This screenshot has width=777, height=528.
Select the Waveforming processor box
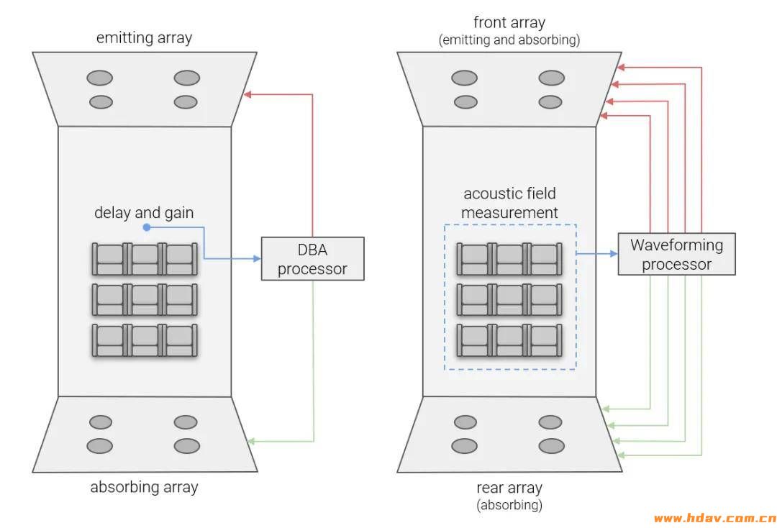[676, 254]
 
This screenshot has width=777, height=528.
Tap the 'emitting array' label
[144, 38]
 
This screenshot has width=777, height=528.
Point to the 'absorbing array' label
[144, 487]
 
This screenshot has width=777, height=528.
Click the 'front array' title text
[509, 22]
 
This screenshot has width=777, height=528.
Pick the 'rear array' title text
[509, 488]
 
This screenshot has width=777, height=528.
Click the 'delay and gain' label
[144, 213]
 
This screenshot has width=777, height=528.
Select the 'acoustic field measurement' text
[509, 203]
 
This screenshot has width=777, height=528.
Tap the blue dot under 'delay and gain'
[146, 227]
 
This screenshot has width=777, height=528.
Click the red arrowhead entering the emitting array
[247, 94]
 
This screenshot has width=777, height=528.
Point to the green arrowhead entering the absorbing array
[250, 441]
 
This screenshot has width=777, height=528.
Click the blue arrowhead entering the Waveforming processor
[614, 254]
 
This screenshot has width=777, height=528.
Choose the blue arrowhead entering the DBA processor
[257, 258]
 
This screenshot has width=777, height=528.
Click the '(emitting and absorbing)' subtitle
[509, 40]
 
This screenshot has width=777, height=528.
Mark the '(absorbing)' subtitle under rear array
[509, 505]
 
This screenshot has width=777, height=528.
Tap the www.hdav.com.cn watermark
[714, 518]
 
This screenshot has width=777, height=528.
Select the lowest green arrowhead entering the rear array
[620, 455]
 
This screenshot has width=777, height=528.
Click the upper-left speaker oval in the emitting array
[99, 78]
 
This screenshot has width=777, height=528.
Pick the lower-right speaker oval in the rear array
[551, 446]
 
